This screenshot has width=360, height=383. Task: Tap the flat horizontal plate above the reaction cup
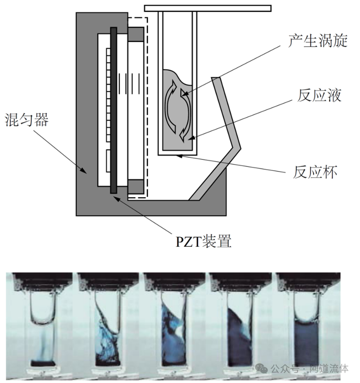click(208, 8)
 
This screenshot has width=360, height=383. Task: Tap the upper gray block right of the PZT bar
click(136, 34)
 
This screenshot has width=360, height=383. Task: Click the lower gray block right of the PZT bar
click(136, 187)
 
